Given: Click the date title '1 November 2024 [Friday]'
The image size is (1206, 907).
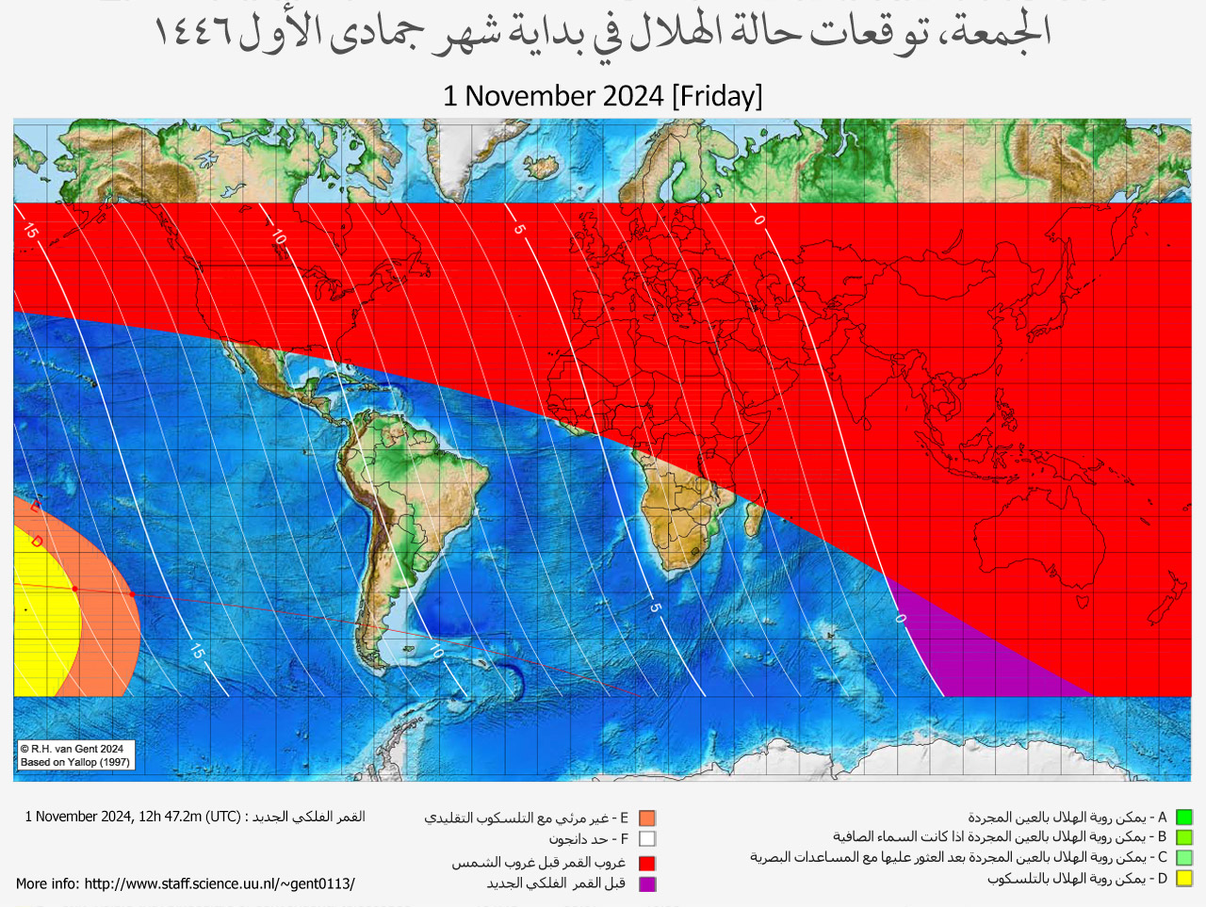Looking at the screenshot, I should pyautogui.click(x=602, y=96).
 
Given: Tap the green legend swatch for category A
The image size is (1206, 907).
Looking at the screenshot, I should pyautogui.click(x=1184, y=818).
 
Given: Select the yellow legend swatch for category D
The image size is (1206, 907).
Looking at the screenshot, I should pyautogui.click(x=1184, y=879).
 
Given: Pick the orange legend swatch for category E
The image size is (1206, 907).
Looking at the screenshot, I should pyautogui.click(x=646, y=818).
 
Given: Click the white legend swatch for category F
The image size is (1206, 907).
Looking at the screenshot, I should pyautogui.click(x=646, y=838).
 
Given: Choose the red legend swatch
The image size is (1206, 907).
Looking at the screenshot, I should pyautogui.click(x=646, y=863).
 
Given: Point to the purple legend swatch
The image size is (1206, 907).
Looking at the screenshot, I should pyautogui.click(x=646, y=883).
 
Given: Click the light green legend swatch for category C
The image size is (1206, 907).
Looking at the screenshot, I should pyautogui.click(x=1184, y=858).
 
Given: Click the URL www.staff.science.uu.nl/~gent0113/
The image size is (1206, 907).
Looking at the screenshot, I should pyautogui.click(x=219, y=883).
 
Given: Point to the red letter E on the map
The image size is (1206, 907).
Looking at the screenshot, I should pyautogui.click(x=35, y=507).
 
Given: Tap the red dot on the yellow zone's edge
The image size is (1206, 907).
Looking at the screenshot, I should pyautogui.click(x=75, y=589).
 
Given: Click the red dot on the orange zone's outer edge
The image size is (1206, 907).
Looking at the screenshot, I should pyautogui.click(x=133, y=594).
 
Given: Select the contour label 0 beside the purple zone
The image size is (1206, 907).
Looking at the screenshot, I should pyautogui.click(x=900, y=619).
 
